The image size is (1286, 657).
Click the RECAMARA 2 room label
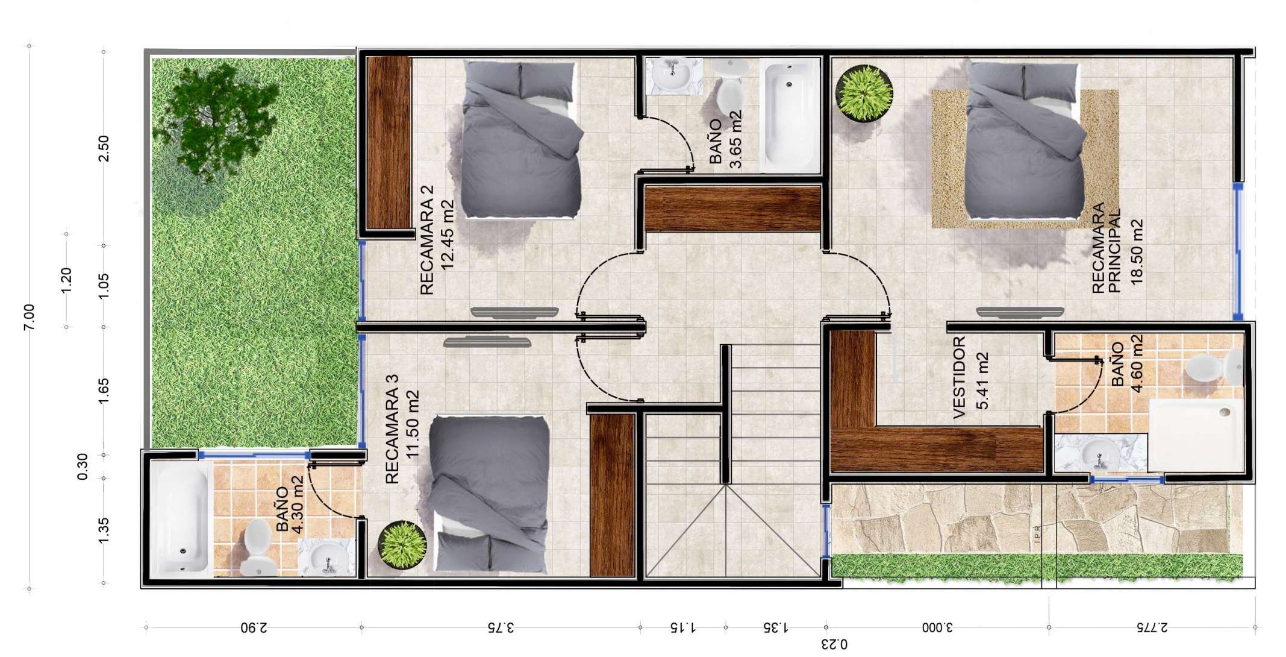(x=426, y=239)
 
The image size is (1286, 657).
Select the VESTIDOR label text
(x=960, y=377)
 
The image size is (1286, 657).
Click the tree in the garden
(x=207, y=121)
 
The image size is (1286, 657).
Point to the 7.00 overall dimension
(x=28, y=316)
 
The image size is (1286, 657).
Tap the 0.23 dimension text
(x=834, y=644)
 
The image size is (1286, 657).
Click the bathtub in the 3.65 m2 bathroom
(x=790, y=115)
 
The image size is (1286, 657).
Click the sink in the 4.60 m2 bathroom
(x=1100, y=452)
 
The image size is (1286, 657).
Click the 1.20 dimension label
(x=66, y=280)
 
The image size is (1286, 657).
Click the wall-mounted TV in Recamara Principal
(x=1020, y=312)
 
